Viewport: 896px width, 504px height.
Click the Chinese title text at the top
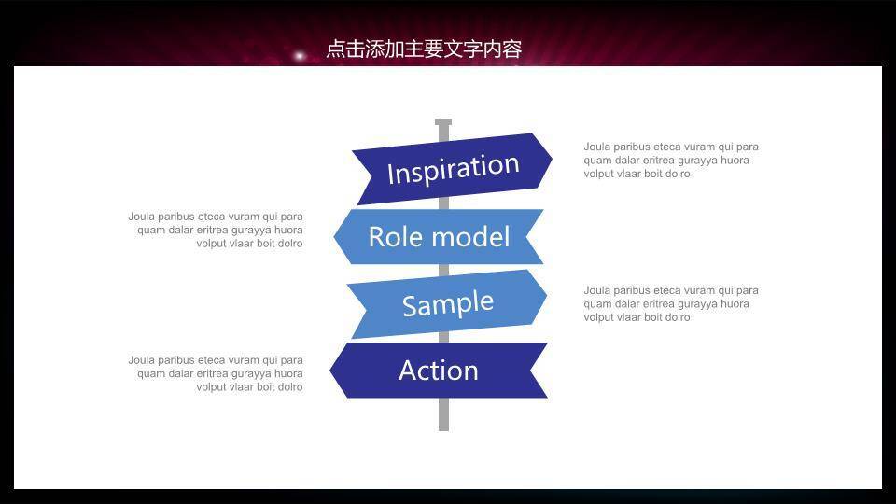point(423,49)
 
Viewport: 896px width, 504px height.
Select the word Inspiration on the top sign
point(453,169)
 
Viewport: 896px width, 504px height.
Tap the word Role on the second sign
point(394,237)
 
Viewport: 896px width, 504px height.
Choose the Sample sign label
point(447,304)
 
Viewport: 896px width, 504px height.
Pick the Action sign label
point(439,371)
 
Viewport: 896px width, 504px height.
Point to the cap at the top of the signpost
point(443,122)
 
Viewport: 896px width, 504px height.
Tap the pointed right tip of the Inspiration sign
point(550,160)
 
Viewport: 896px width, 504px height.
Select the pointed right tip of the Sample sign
point(545,296)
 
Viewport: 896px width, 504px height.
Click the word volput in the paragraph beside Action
point(211,387)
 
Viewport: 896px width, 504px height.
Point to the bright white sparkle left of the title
point(300,56)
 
